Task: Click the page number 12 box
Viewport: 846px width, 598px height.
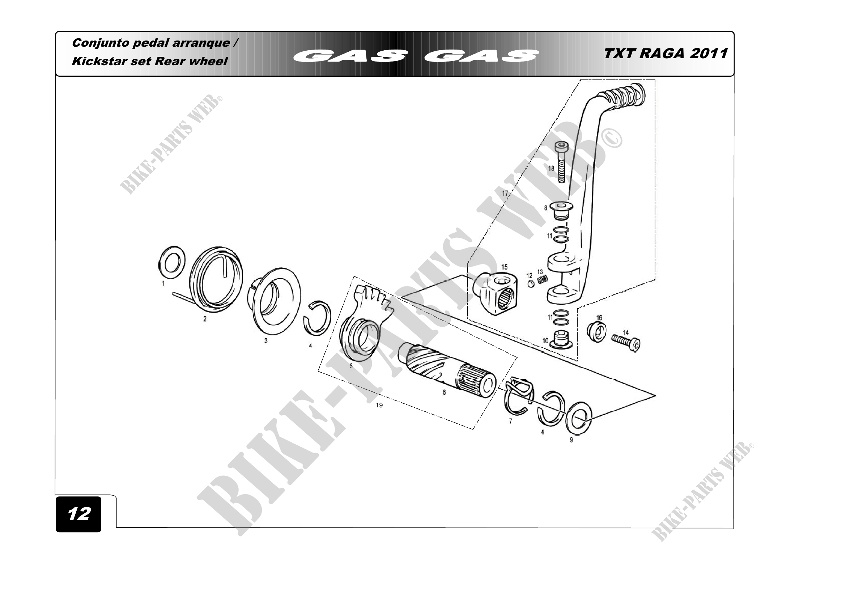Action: (78, 514)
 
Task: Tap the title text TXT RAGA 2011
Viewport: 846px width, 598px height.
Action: (666, 54)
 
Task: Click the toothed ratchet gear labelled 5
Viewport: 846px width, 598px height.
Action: (362, 328)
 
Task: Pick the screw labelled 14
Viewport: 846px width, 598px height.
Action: (627, 341)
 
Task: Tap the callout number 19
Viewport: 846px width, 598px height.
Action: (379, 406)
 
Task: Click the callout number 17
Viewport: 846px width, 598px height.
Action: (505, 193)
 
